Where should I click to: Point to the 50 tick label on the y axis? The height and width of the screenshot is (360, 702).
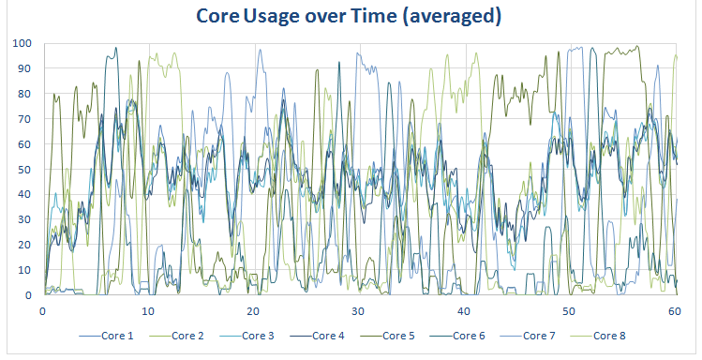(23, 170)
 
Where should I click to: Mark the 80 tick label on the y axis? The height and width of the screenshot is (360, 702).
(23, 94)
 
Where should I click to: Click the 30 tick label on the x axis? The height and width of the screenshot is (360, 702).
(357, 308)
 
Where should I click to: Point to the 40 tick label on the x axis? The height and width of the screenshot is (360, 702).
(461, 308)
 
